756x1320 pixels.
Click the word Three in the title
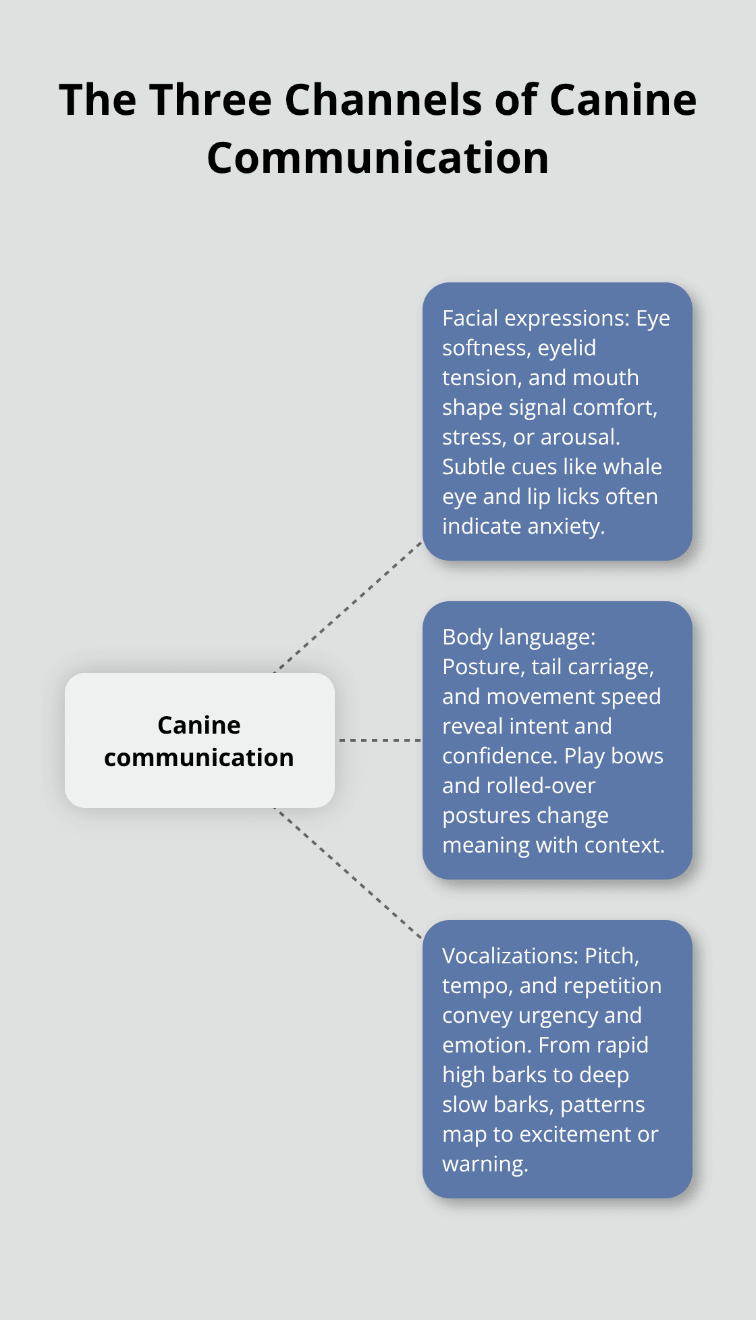[210, 100]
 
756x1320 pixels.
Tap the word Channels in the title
[383, 100]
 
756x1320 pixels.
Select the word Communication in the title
[377, 158]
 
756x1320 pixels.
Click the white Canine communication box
[199, 740]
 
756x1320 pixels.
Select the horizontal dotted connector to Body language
[379, 740]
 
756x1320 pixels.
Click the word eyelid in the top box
[566, 348]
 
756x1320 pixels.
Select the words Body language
[518, 637]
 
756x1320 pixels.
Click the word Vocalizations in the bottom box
[510, 956]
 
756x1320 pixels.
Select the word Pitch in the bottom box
[611, 956]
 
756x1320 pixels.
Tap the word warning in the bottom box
[484, 1164]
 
